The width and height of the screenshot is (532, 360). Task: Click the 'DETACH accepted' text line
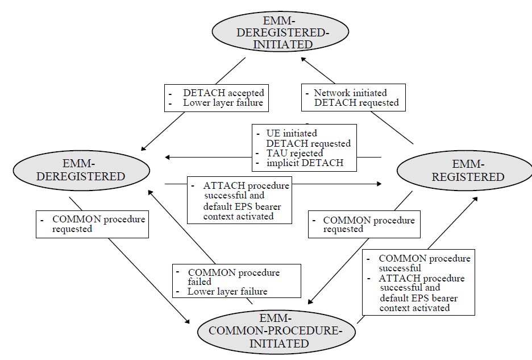pos(223,93)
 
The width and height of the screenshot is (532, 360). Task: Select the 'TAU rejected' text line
pos(295,153)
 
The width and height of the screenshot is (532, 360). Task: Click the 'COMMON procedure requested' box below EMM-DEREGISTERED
pos(92,224)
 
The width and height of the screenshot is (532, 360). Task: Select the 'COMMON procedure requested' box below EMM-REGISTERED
pos(364,224)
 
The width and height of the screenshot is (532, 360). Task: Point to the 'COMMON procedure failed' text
pos(233,277)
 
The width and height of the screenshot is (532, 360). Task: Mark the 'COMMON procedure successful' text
pos(424,263)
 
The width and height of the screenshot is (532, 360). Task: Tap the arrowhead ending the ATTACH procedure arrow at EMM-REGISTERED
pos(379,184)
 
